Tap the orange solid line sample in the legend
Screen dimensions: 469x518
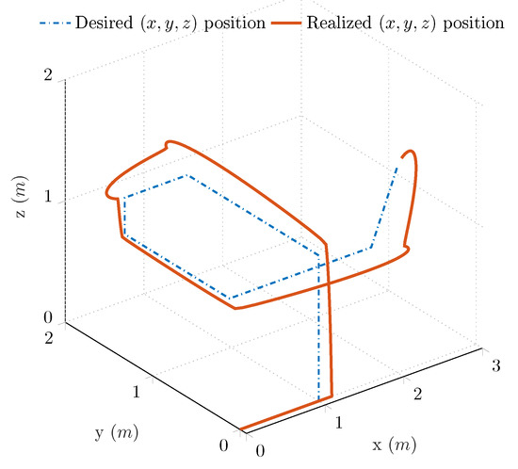pos(283,21)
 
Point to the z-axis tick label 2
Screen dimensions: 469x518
pos(47,76)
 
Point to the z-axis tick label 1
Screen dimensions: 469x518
pos(47,201)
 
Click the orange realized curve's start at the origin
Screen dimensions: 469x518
pos(242,430)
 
